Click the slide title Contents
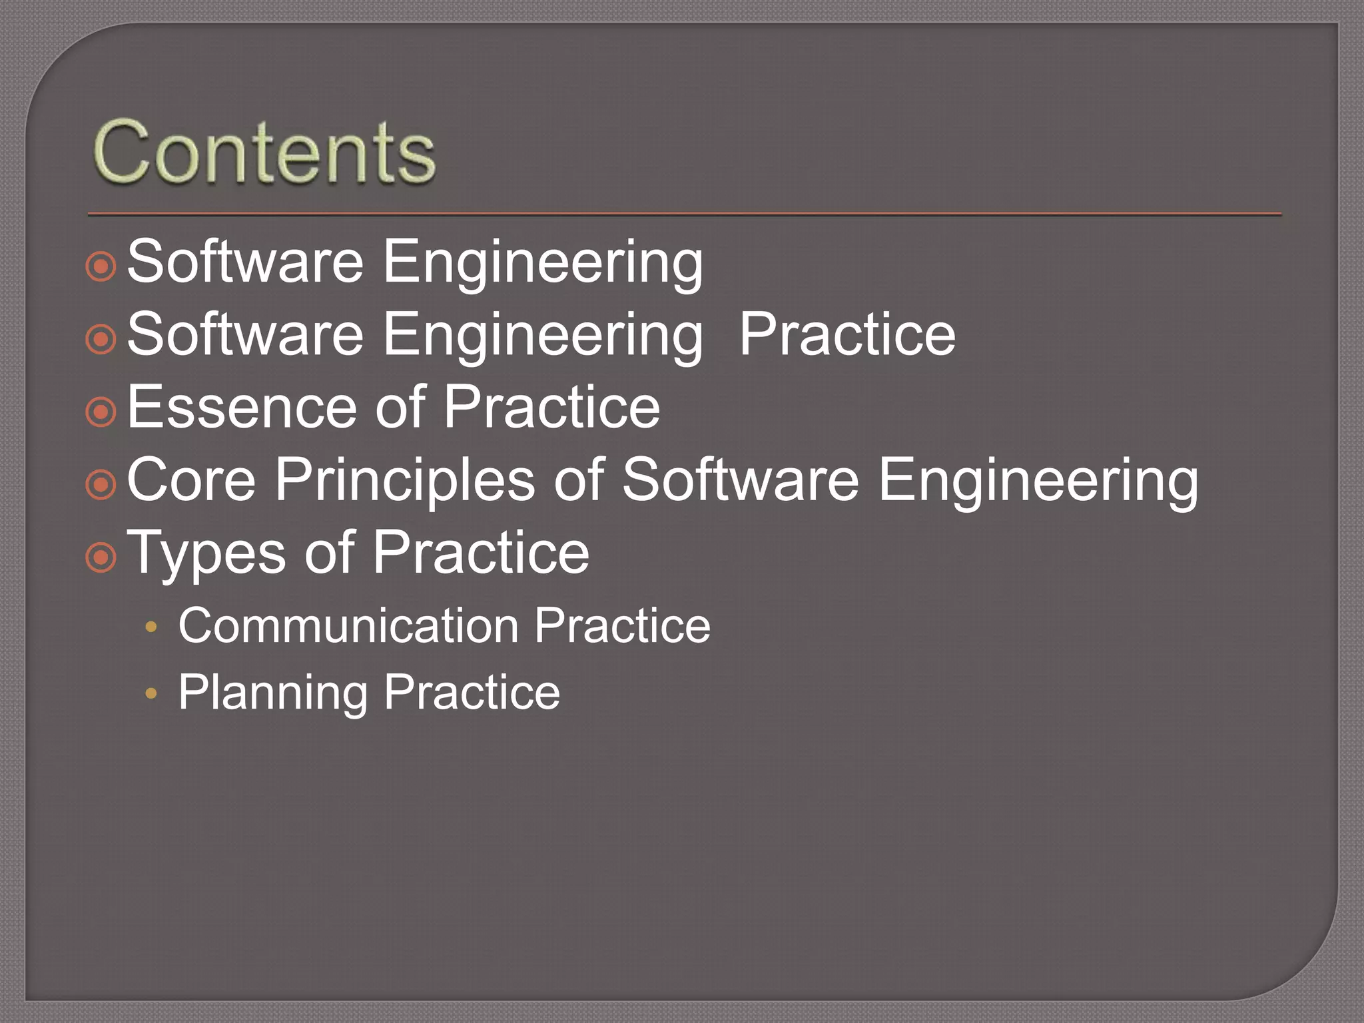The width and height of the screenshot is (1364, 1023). [x=264, y=152]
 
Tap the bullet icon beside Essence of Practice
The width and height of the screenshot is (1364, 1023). [x=101, y=412]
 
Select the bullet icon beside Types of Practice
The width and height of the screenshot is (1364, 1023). [x=101, y=557]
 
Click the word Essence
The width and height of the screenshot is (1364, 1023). [x=243, y=407]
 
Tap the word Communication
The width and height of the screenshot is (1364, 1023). [x=348, y=626]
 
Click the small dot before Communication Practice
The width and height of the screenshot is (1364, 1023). [x=151, y=627]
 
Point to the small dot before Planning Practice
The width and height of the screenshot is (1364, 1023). [x=151, y=694]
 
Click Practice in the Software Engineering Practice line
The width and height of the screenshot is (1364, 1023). [x=847, y=334]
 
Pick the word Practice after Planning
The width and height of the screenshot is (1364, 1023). [x=472, y=693]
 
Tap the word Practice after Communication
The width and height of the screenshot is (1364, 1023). [x=622, y=626]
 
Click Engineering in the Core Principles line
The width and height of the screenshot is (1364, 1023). [x=1038, y=481]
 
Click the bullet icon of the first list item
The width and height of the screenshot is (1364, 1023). [x=101, y=267]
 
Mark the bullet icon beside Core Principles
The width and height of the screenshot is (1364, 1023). [x=101, y=485]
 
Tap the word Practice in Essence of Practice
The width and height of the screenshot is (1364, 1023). [x=551, y=407]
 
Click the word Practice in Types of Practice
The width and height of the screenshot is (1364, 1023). [x=481, y=553]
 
